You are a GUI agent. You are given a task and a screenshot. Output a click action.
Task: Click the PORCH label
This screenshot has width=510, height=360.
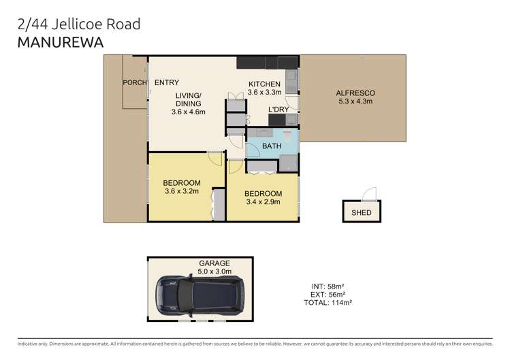[x=134, y=83]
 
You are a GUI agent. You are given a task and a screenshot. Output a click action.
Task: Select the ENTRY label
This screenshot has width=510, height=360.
[x=166, y=83]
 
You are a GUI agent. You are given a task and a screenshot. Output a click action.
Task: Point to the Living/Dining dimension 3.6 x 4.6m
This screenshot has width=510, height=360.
[x=189, y=112]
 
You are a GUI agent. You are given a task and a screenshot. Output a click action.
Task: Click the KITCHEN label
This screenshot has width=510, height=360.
[x=264, y=84]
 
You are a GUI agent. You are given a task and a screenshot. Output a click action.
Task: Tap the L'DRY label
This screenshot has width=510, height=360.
[x=278, y=110]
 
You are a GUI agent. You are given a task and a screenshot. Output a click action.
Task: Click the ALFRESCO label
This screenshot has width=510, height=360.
[x=355, y=93]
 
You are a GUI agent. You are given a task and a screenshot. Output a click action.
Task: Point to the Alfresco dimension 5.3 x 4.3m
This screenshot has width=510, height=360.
[x=355, y=101]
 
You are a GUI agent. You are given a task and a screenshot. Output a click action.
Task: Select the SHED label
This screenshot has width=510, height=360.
[x=362, y=213]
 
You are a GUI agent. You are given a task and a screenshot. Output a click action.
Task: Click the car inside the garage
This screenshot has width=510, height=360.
[x=199, y=295]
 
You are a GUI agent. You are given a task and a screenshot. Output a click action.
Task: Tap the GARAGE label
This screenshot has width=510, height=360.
[x=214, y=263]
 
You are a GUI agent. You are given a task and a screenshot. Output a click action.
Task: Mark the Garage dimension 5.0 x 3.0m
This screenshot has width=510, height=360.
[x=214, y=272]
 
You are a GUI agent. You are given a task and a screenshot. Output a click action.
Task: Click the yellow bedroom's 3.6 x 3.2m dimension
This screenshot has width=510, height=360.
[x=182, y=191]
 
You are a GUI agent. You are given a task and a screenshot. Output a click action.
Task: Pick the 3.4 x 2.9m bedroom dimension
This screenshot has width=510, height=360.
[x=263, y=202]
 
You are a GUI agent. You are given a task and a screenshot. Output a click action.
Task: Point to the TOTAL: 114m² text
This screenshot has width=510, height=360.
[x=328, y=302]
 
